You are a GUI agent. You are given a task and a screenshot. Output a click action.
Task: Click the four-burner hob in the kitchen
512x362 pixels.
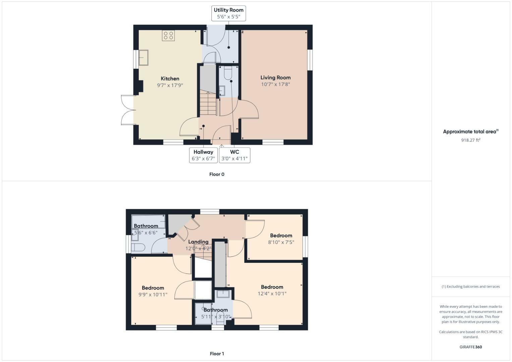click(x=168, y=36)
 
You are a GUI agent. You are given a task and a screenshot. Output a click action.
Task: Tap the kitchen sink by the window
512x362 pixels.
click(x=144, y=57)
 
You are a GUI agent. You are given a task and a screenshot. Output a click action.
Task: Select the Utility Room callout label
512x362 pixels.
click(x=229, y=13)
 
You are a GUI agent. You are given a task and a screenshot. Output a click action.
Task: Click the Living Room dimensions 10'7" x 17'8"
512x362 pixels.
click(x=275, y=84)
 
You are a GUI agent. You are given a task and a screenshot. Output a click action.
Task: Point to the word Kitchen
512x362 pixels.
click(x=170, y=79)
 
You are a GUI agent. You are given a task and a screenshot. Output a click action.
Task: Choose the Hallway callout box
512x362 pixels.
click(x=203, y=155)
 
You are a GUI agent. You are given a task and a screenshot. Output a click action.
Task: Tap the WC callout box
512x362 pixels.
click(x=234, y=155)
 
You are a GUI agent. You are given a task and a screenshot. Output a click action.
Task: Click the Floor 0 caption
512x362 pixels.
click(x=217, y=174)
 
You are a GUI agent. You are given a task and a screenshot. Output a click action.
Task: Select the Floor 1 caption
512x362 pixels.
click(x=217, y=354)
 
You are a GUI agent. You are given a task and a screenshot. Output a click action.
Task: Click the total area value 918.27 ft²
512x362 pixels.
click(x=470, y=140)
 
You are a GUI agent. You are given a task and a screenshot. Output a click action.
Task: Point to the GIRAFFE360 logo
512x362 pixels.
click(x=470, y=347)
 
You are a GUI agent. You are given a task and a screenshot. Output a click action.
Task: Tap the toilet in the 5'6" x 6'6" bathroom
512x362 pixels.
click(x=138, y=247)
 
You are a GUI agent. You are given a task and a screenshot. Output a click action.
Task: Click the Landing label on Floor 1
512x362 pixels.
click(x=198, y=242)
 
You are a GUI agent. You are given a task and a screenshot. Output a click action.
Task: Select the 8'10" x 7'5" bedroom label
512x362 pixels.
click(x=281, y=239)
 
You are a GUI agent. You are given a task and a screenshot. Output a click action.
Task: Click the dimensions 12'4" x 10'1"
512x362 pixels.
click(x=272, y=294)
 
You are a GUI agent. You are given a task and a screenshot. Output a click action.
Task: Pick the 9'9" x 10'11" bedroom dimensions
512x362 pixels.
click(x=153, y=295)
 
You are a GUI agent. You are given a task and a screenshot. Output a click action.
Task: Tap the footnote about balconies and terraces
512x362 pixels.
click(x=470, y=287)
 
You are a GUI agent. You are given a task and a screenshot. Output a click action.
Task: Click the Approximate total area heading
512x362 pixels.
click(x=470, y=132)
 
